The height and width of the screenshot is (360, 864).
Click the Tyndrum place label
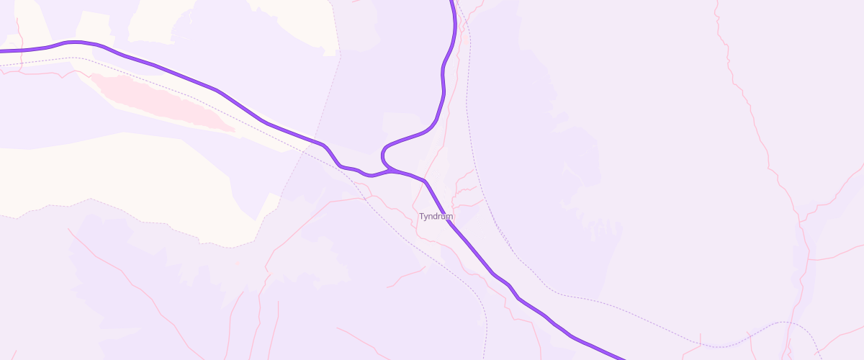coord(436,216)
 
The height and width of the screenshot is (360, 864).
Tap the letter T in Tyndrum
coord(422,216)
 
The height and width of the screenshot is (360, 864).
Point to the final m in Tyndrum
coord(450,216)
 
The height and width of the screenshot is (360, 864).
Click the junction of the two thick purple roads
coord(392,171)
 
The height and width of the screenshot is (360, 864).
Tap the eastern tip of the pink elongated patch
coord(233,130)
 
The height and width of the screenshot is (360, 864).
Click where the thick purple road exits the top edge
coord(451,2)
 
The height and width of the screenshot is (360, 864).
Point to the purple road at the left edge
coord(2,51)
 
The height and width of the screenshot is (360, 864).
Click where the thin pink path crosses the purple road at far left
coord(19,50)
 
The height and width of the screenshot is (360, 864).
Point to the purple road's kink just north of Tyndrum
coord(426,181)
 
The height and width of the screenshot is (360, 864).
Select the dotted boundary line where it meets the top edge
coord(332,2)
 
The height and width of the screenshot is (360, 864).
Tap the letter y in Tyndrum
coord(427,217)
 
